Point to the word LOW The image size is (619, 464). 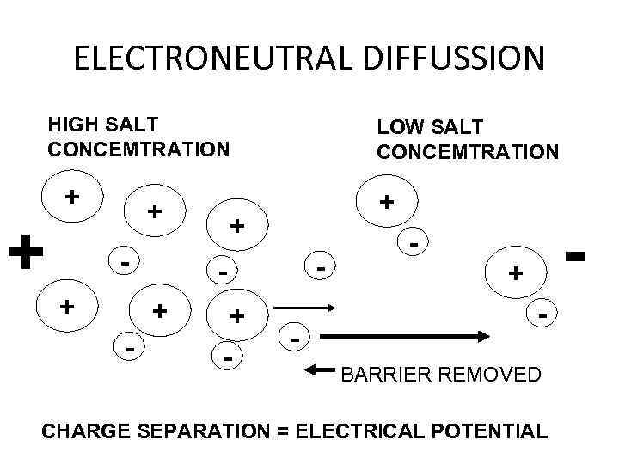[398, 127]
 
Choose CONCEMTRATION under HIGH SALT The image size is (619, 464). [138, 149]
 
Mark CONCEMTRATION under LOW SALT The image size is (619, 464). [468, 152]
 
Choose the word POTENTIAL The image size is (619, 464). [496, 430]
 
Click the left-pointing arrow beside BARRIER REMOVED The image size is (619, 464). [322, 370]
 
